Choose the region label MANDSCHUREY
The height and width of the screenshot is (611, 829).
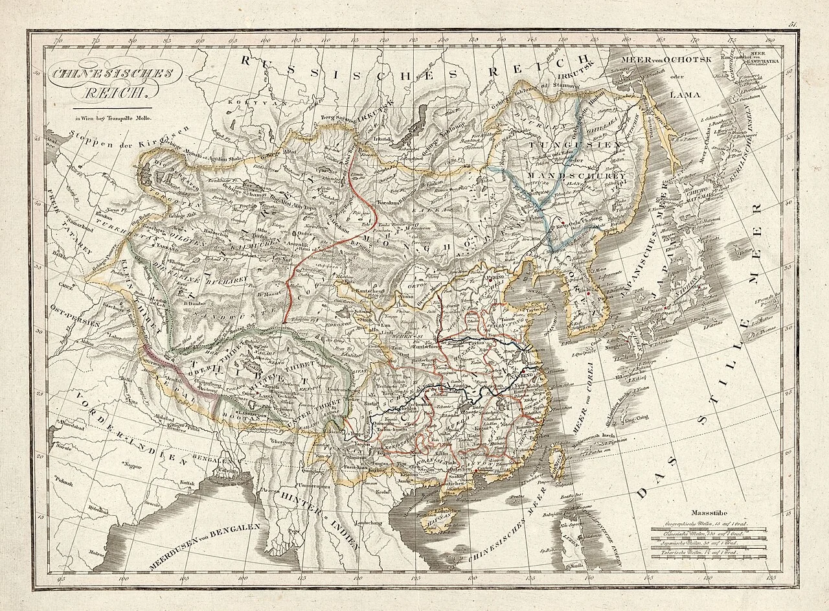click(575, 176)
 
